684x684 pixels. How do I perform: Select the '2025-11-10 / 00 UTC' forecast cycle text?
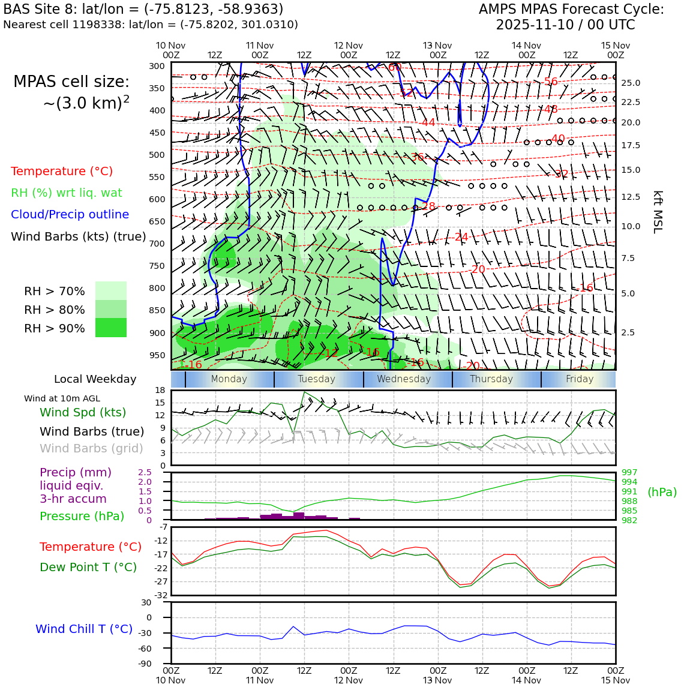click(x=565, y=25)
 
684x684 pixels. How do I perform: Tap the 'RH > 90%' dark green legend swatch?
click(x=111, y=328)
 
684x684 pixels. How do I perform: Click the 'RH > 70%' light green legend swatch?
click(x=111, y=291)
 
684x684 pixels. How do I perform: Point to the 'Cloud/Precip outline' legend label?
click(x=70, y=215)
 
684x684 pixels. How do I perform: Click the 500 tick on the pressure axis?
click(x=157, y=155)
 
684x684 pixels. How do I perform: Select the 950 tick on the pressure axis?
click(x=157, y=355)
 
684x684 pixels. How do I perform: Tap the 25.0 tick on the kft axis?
click(x=630, y=83)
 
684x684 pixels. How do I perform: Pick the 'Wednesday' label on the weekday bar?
click(x=404, y=379)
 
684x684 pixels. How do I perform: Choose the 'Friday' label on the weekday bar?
click(x=580, y=379)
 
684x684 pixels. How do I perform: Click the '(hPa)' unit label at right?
click(x=662, y=493)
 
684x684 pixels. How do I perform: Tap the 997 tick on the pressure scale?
click(x=629, y=473)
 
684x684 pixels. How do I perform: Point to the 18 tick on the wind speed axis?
click(x=160, y=391)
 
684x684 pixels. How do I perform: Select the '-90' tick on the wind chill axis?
click(x=160, y=664)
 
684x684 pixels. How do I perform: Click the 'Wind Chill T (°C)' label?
click(x=84, y=629)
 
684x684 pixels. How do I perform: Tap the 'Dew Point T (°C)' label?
click(x=88, y=568)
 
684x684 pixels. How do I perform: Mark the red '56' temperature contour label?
click(x=550, y=82)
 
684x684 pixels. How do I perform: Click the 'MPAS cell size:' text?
click(x=71, y=82)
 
